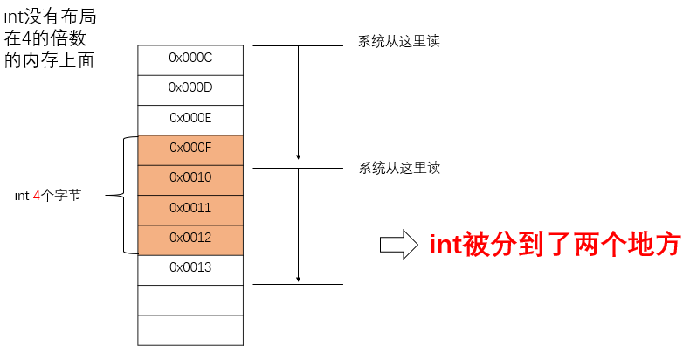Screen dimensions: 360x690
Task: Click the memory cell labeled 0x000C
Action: pos(190,59)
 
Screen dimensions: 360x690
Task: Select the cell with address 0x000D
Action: pos(190,88)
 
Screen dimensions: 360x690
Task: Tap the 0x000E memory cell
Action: pos(190,118)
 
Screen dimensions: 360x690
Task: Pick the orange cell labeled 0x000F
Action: pos(190,148)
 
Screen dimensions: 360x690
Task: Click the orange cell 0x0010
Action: pos(190,178)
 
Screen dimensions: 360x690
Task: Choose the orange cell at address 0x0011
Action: pos(190,208)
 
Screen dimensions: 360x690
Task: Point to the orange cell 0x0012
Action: pos(190,238)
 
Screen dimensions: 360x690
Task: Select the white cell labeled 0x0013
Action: pos(190,267)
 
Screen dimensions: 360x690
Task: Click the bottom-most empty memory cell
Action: pos(190,329)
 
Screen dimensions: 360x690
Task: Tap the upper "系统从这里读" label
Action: pos(398,41)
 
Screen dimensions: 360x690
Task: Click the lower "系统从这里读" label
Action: pos(398,168)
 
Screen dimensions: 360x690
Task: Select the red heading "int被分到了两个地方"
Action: pos(555,245)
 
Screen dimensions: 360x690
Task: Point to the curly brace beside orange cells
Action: pos(128,195)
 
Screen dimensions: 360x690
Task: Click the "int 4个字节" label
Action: pos(48,196)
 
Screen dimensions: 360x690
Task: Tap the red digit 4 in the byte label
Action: pos(37,196)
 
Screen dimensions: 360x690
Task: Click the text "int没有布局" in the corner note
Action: pos(50,17)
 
